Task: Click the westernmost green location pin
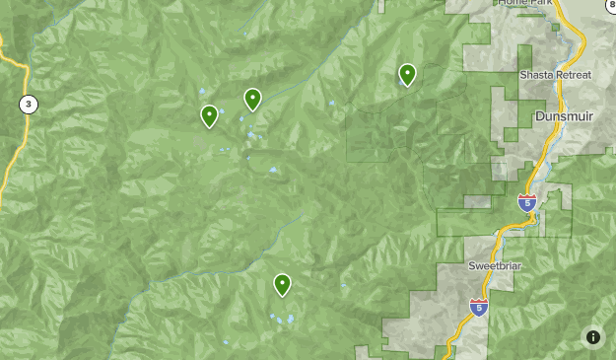209,115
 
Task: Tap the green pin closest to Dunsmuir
407,74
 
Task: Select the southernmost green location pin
283,284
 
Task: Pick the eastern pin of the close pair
252,99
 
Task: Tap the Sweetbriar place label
492,266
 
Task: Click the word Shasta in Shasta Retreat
536,76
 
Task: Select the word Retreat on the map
575,76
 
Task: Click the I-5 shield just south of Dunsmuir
527,203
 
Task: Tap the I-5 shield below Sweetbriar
479,307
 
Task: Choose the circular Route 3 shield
30,104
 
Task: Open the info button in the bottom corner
592,336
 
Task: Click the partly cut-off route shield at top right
610,5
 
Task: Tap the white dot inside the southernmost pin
283,282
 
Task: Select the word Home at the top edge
510,3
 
